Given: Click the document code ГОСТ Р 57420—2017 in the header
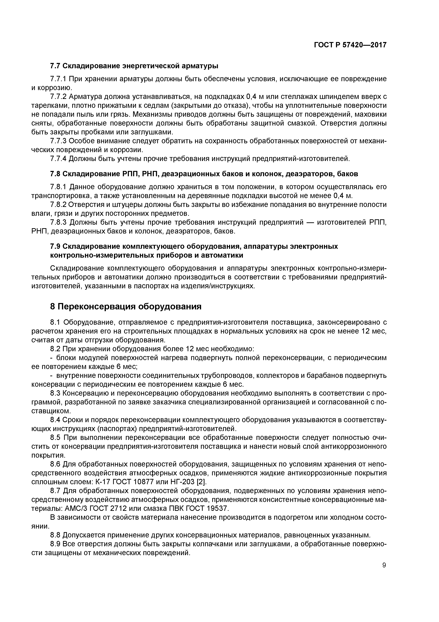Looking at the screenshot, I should pos(350,45).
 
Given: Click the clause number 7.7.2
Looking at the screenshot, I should pos(58,97).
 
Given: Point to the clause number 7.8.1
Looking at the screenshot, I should pos(58,187).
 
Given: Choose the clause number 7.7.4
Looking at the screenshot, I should pos(58,159).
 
